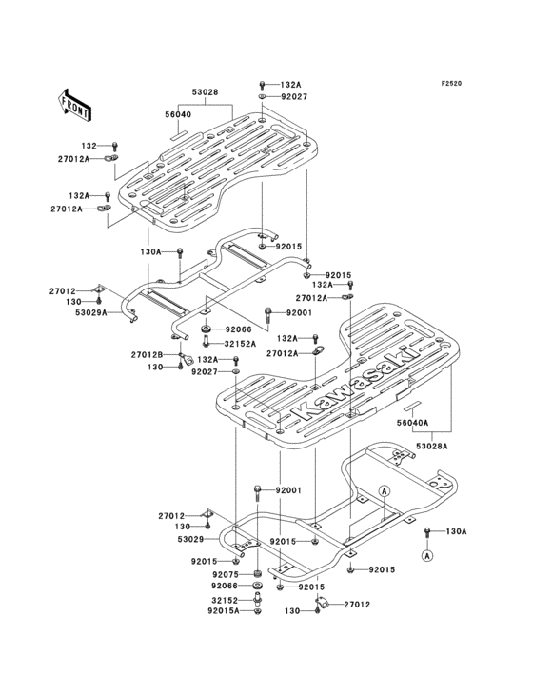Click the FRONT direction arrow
(x=75, y=106)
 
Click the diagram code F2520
(x=451, y=83)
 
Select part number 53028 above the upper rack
(x=206, y=92)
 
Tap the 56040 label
(x=179, y=114)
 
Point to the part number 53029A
(x=91, y=312)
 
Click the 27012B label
(x=147, y=355)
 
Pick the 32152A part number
(x=240, y=344)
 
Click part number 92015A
(x=224, y=610)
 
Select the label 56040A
(x=413, y=423)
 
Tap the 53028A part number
(x=432, y=446)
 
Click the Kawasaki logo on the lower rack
(x=354, y=383)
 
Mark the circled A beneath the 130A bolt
(x=426, y=555)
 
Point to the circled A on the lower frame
(x=385, y=490)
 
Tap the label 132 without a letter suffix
(x=89, y=146)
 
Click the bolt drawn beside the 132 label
(x=115, y=146)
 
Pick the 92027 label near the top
(x=293, y=96)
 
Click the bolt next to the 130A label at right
(x=427, y=530)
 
